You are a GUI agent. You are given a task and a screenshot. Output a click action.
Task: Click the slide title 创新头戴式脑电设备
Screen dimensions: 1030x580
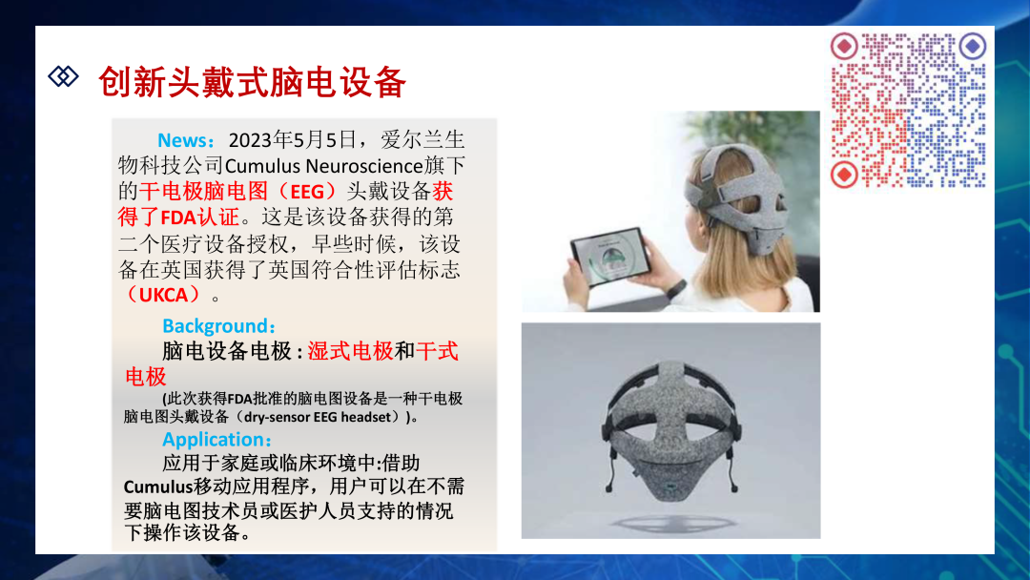252,83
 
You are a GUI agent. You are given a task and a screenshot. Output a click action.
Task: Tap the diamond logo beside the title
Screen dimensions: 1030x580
63,76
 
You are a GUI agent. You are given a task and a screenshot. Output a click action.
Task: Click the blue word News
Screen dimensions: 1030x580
182,140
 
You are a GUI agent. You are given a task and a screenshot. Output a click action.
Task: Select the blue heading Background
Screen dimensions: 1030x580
215,326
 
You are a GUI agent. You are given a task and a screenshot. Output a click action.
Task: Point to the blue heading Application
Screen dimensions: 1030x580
213,439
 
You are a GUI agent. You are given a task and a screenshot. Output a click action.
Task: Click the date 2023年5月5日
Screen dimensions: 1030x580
292,140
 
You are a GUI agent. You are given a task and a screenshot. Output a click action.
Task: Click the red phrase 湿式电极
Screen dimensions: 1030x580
350,351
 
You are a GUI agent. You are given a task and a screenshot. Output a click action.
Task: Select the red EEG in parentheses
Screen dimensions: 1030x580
307,192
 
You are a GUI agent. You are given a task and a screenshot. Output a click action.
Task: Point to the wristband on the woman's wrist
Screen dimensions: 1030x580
675,288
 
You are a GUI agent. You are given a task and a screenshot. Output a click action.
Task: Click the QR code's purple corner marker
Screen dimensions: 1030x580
972,47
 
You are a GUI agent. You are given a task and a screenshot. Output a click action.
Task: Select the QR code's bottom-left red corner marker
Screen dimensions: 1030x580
844,175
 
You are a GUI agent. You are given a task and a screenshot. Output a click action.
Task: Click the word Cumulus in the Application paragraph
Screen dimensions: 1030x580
158,487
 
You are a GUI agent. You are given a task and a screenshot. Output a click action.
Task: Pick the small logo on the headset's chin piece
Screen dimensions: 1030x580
669,487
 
